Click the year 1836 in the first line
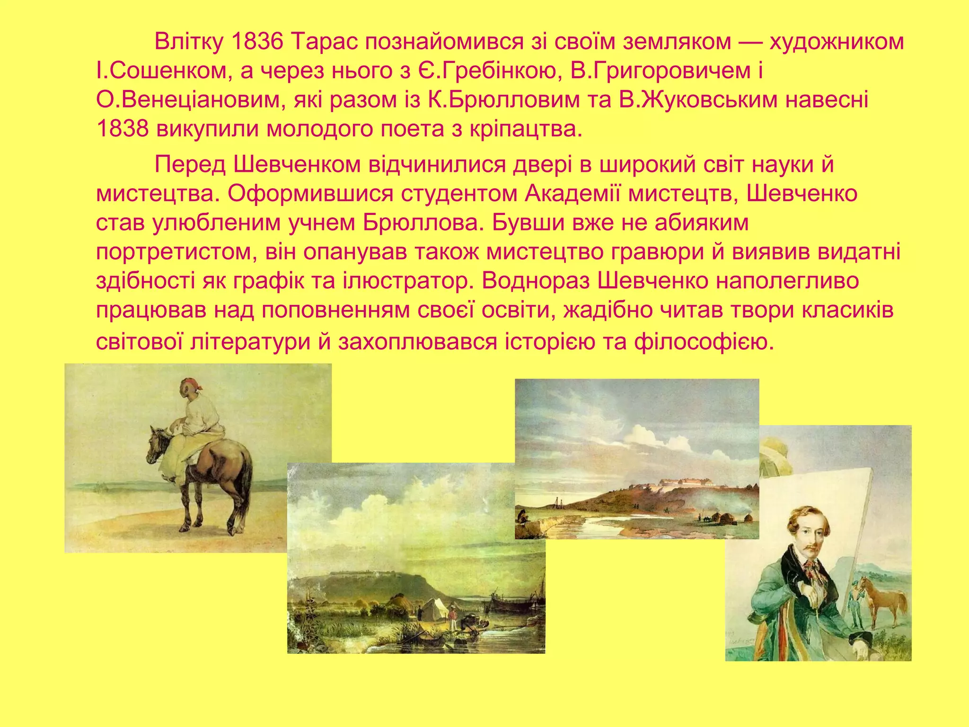(x=257, y=42)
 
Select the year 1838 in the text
(x=123, y=129)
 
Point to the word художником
(x=837, y=42)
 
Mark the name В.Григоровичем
(x=661, y=71)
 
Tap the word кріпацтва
(x=525, y=129)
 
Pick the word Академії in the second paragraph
(x=572, y=194)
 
